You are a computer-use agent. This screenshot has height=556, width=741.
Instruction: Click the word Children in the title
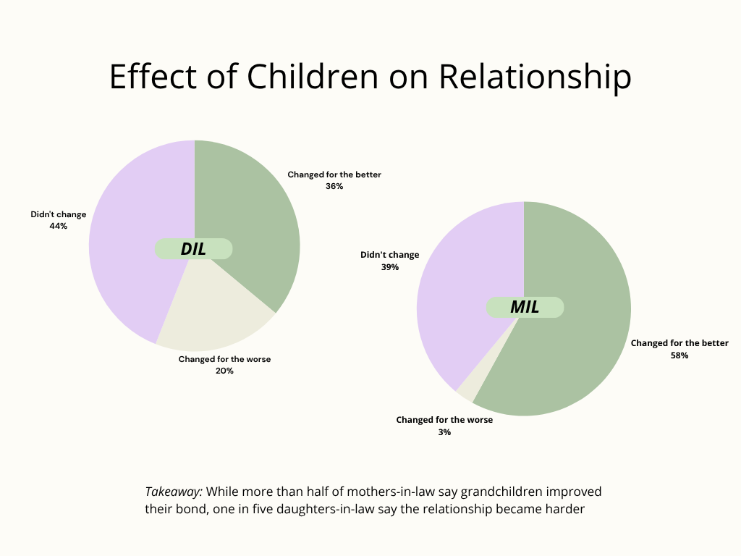point(313,76)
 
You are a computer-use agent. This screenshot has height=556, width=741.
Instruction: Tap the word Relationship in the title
point(535,77)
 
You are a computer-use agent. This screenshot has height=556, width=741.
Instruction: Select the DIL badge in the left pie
point(193,249)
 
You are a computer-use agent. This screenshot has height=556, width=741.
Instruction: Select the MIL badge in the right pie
point(525,307)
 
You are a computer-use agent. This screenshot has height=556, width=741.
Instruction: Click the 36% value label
point(334,186)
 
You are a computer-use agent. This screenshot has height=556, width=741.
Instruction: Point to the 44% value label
point(58,226)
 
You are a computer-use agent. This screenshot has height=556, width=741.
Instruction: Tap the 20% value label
point(224,371)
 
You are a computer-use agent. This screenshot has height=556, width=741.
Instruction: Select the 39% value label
point(390,267)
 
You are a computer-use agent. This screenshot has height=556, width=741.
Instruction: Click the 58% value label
point(679,355)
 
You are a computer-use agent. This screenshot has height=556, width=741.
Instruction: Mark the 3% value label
point(444,432)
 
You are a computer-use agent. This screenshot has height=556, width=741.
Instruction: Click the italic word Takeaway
point(174,492)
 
